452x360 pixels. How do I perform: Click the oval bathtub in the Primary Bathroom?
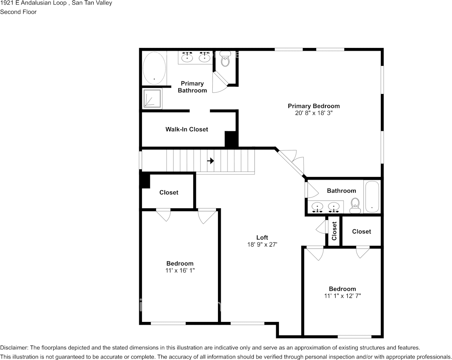pos(154,68)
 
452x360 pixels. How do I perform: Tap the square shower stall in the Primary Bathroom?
pos(152,98)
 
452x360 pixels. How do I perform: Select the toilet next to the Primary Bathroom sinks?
pos(225,59)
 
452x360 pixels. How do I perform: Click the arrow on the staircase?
pos(211,161)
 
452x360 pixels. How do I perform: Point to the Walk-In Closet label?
pos(186,129)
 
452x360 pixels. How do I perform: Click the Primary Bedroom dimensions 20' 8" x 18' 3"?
pos(314,113)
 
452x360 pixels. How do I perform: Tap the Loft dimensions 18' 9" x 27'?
pos(262,244)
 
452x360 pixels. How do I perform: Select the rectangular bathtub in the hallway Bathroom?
pos(372,197)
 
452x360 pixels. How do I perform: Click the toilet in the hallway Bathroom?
pos(355,205)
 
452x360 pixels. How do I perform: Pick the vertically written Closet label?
pos(334,231)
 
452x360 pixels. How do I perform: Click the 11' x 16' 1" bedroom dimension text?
pos(180,270)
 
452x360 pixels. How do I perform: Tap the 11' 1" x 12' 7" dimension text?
pos(342,296)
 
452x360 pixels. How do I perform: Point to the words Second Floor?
pos(18,12)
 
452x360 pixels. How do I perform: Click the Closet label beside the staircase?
pos(169,192)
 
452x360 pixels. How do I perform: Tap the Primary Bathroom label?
pos(192,87)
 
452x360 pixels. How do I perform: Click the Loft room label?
pos(262,237)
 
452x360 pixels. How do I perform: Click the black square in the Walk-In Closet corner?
pos(231,139)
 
